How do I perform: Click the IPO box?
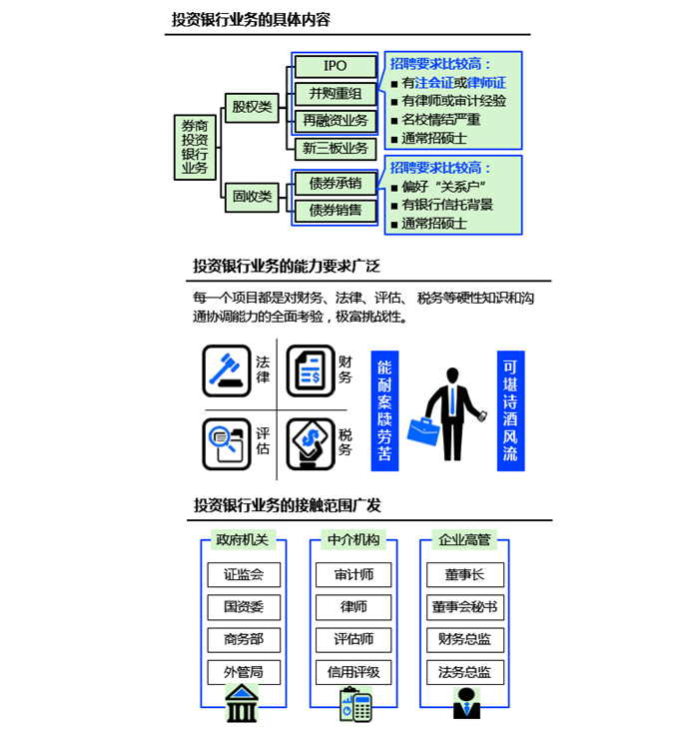[336, 66]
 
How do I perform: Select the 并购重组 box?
[336, 94]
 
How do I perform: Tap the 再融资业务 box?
[336, 121]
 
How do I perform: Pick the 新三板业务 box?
[336, 149]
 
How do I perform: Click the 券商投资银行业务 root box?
[195, 145]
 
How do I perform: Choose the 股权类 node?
[252, 106]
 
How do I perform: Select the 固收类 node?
[252, 197]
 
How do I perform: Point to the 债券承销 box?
[336, 184]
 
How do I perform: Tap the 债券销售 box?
[336, 211]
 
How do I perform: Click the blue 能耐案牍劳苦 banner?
[384, 410]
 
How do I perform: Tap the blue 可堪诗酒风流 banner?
[511, 410]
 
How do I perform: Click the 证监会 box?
[244, 575]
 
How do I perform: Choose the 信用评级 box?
[353, 672]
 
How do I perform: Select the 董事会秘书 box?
[464, 607]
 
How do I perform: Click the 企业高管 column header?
[464, 540]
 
